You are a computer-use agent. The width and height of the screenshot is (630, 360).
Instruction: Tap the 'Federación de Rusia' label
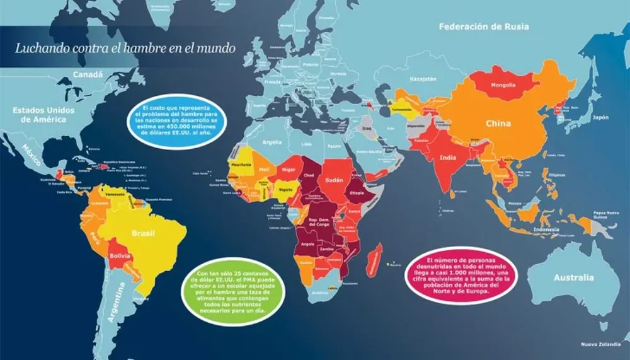click(484, 27)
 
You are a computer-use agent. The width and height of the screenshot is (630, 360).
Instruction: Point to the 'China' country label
click(498, 124)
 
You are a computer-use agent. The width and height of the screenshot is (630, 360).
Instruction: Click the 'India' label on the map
click(448, 158)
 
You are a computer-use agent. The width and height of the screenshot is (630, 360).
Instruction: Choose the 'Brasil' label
click(143, 233)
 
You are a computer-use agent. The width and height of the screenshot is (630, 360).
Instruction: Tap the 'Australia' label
click(573, 277)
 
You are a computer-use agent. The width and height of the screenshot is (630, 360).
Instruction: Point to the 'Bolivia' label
click(119, 258)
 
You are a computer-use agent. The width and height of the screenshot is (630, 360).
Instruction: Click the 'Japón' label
click(601, 117)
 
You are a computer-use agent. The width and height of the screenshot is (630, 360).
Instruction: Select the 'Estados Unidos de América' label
click(43, 115)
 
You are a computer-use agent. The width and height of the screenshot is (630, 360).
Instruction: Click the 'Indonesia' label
click(547, 230)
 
